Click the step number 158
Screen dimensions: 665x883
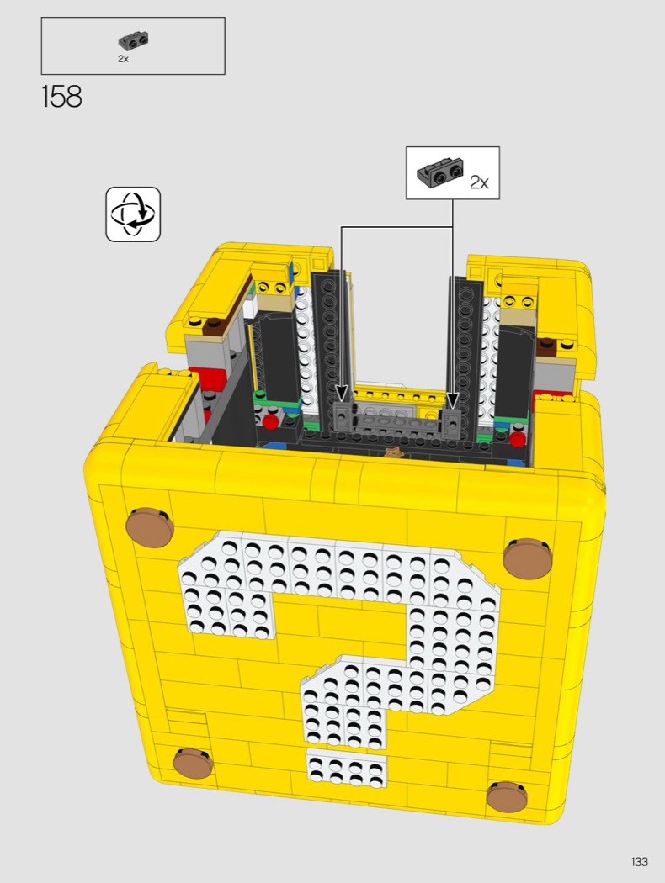[62, 97]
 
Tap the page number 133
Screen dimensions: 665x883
[639, 861]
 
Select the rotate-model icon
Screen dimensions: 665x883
[134, 214]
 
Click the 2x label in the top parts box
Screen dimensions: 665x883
[123, 59]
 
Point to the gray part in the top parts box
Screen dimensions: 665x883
[134, 41]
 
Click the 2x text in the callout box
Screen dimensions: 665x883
[479, 182]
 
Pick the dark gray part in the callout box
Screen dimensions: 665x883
[441, 172]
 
